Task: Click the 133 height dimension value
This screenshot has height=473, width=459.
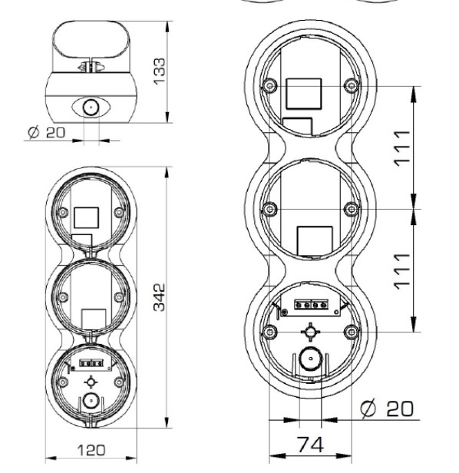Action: (159, 71)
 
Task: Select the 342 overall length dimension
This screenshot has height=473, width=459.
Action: (159, 297)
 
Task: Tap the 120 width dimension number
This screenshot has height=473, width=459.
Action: (91, 451)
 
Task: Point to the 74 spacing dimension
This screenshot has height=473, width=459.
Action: (310, 445)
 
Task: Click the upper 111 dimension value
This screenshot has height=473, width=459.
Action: (402, 148)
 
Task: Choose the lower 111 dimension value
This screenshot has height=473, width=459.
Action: (402, 272)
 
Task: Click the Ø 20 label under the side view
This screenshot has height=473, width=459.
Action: (46, 132)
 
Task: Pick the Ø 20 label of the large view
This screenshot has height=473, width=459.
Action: (387, 408)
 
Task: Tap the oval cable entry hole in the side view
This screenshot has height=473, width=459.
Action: (91, 107)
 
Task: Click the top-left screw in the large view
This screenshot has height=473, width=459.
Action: (270, 86)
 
